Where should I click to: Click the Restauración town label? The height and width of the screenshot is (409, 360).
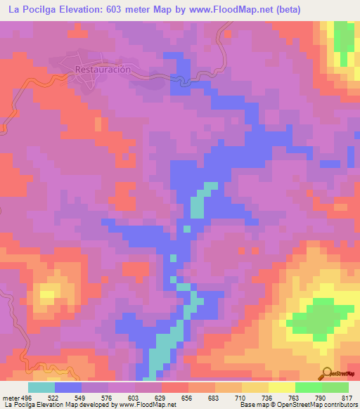tap(103, 70)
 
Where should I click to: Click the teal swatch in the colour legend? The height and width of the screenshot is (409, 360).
tap(41, 387)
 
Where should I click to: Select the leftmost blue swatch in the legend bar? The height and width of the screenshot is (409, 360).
tap(68, 387)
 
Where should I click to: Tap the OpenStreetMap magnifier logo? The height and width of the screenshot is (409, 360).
tap(326, 373)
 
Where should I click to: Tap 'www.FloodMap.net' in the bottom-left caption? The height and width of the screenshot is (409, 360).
tap(146, 405)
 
